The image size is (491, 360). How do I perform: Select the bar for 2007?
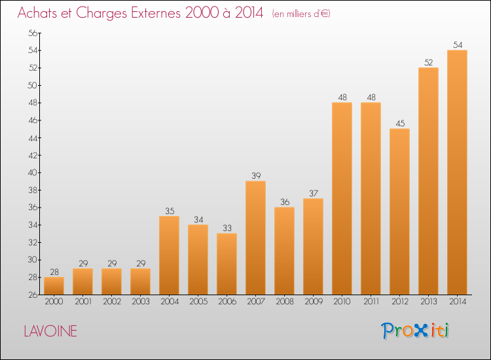point(255,238)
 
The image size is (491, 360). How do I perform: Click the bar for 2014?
point(457,173)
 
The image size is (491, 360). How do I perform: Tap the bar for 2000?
point(54,286)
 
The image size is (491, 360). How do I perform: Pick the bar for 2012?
point(399,211)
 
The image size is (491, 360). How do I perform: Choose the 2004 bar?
point(169,255)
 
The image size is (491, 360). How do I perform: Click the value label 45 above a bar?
point(400,123)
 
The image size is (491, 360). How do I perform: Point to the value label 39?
point(256,175)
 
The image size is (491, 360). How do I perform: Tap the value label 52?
point(428,62)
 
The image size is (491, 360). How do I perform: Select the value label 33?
point(227,228)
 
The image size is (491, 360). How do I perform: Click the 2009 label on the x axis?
point(314,301)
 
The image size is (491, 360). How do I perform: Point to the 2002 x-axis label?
point(112,301)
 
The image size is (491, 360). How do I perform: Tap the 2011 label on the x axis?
point(371,301)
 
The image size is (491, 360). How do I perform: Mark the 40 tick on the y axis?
point(33,173)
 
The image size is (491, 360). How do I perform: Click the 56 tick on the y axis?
point(33,33)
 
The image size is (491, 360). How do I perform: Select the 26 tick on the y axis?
point(33,295)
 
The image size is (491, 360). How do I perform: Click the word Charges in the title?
point(101,13)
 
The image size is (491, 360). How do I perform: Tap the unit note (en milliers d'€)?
point(301,14)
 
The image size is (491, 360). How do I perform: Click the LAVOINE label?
point(50,331)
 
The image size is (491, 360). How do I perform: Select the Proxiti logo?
point(414,331)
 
